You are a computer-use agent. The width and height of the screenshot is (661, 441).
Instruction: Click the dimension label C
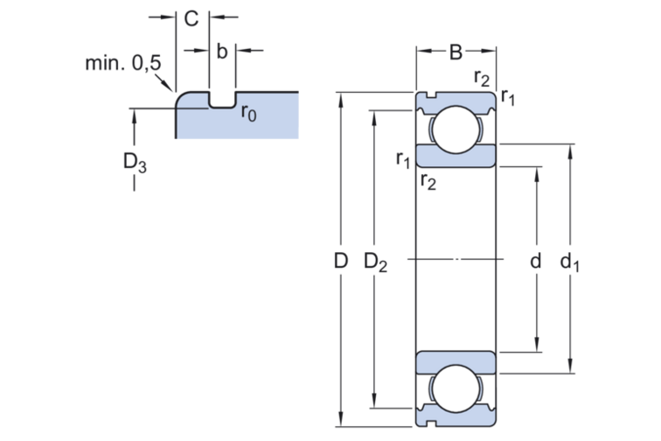[191, 18]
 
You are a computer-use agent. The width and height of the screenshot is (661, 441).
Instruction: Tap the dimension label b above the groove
[222, 51]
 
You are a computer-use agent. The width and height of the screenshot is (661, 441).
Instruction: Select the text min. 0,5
[123, 63]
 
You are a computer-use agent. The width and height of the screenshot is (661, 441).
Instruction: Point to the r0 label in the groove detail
[248, 113]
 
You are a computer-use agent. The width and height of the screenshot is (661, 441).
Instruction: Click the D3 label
[135, 163]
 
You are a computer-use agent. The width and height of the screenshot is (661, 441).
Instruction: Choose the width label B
[456, 52]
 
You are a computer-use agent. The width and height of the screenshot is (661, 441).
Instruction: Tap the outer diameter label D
[341, 261]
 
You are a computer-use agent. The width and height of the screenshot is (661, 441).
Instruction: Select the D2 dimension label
[376, 262]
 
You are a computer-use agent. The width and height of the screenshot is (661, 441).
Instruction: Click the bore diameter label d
[535, 262]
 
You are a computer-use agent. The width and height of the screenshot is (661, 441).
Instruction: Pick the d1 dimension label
[569, 262]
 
